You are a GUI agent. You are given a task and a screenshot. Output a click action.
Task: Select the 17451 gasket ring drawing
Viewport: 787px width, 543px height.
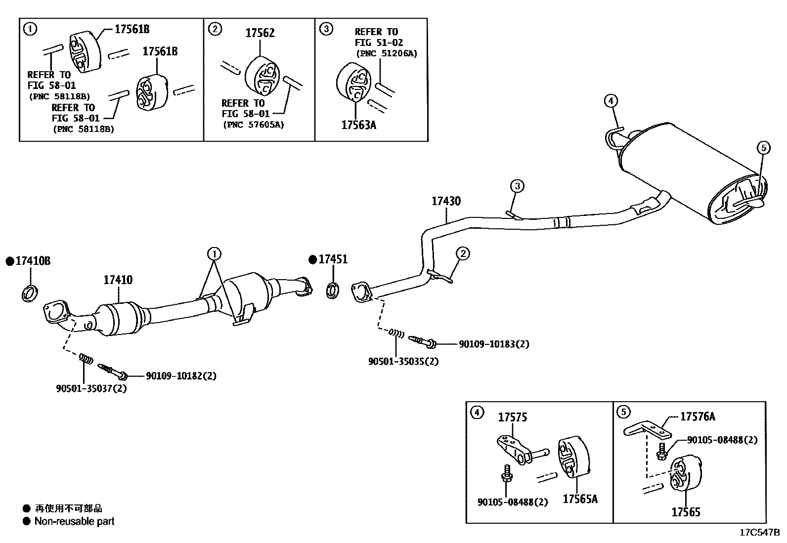[x=333, y=291]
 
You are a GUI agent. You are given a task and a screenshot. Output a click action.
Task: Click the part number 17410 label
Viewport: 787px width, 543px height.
[x=118, y=280]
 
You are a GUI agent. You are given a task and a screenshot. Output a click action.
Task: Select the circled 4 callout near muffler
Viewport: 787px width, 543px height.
[x=611, y=101]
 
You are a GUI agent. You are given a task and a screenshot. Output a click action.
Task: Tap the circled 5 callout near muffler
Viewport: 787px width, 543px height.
[x=763, y=147]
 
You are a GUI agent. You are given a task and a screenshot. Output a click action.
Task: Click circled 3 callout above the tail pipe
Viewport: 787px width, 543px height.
[x=517, y=186]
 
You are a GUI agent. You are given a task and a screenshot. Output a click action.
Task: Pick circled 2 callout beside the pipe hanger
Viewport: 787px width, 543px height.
[x=463, y=254]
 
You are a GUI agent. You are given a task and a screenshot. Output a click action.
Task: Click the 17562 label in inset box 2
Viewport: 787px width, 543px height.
[x=260, y=33]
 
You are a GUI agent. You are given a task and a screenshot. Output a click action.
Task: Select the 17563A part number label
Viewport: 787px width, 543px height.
[x=358, y=125]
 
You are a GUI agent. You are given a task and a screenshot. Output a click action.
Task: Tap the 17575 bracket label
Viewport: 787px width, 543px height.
[x=512, y=418]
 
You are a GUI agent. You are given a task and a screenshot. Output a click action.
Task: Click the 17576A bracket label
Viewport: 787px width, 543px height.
[x=697, y=417]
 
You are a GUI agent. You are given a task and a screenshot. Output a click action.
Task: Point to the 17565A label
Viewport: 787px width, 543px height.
[x=580, y=499]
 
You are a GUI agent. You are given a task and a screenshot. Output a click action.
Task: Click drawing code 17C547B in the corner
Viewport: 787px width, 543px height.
[x=759, y=533]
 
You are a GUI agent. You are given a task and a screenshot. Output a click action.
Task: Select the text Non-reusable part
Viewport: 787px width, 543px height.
[x=74, y=521]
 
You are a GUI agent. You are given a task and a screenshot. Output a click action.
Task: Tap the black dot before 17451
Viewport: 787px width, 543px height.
[x=312, y=259]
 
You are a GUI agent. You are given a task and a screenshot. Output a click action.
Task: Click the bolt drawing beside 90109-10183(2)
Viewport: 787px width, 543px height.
[x=421, y=341]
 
